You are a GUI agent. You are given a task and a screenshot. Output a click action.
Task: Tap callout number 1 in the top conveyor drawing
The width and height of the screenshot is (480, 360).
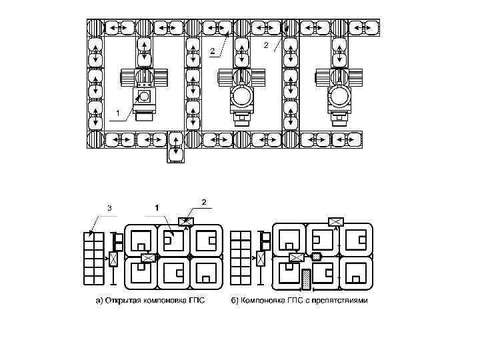click(x=118, y=113)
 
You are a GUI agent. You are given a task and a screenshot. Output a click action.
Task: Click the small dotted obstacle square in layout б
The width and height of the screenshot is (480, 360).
click(x=317, y=257)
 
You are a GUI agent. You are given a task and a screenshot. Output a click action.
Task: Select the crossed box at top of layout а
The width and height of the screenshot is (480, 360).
click(x=185, y=221)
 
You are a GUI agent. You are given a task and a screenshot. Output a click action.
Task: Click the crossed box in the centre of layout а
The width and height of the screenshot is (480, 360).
click(x=148, y=257)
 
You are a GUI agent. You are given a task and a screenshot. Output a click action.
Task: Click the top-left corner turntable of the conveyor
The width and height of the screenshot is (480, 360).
click(x=96, y=27)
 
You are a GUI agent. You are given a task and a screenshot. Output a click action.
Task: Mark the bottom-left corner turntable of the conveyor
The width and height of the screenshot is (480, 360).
click(x=96, y=140)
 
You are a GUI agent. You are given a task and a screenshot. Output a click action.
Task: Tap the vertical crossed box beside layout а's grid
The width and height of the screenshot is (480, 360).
click(x=113, y=259)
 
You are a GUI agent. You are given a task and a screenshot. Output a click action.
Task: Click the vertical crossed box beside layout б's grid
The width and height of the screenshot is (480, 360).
click(x=261, y=259)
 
